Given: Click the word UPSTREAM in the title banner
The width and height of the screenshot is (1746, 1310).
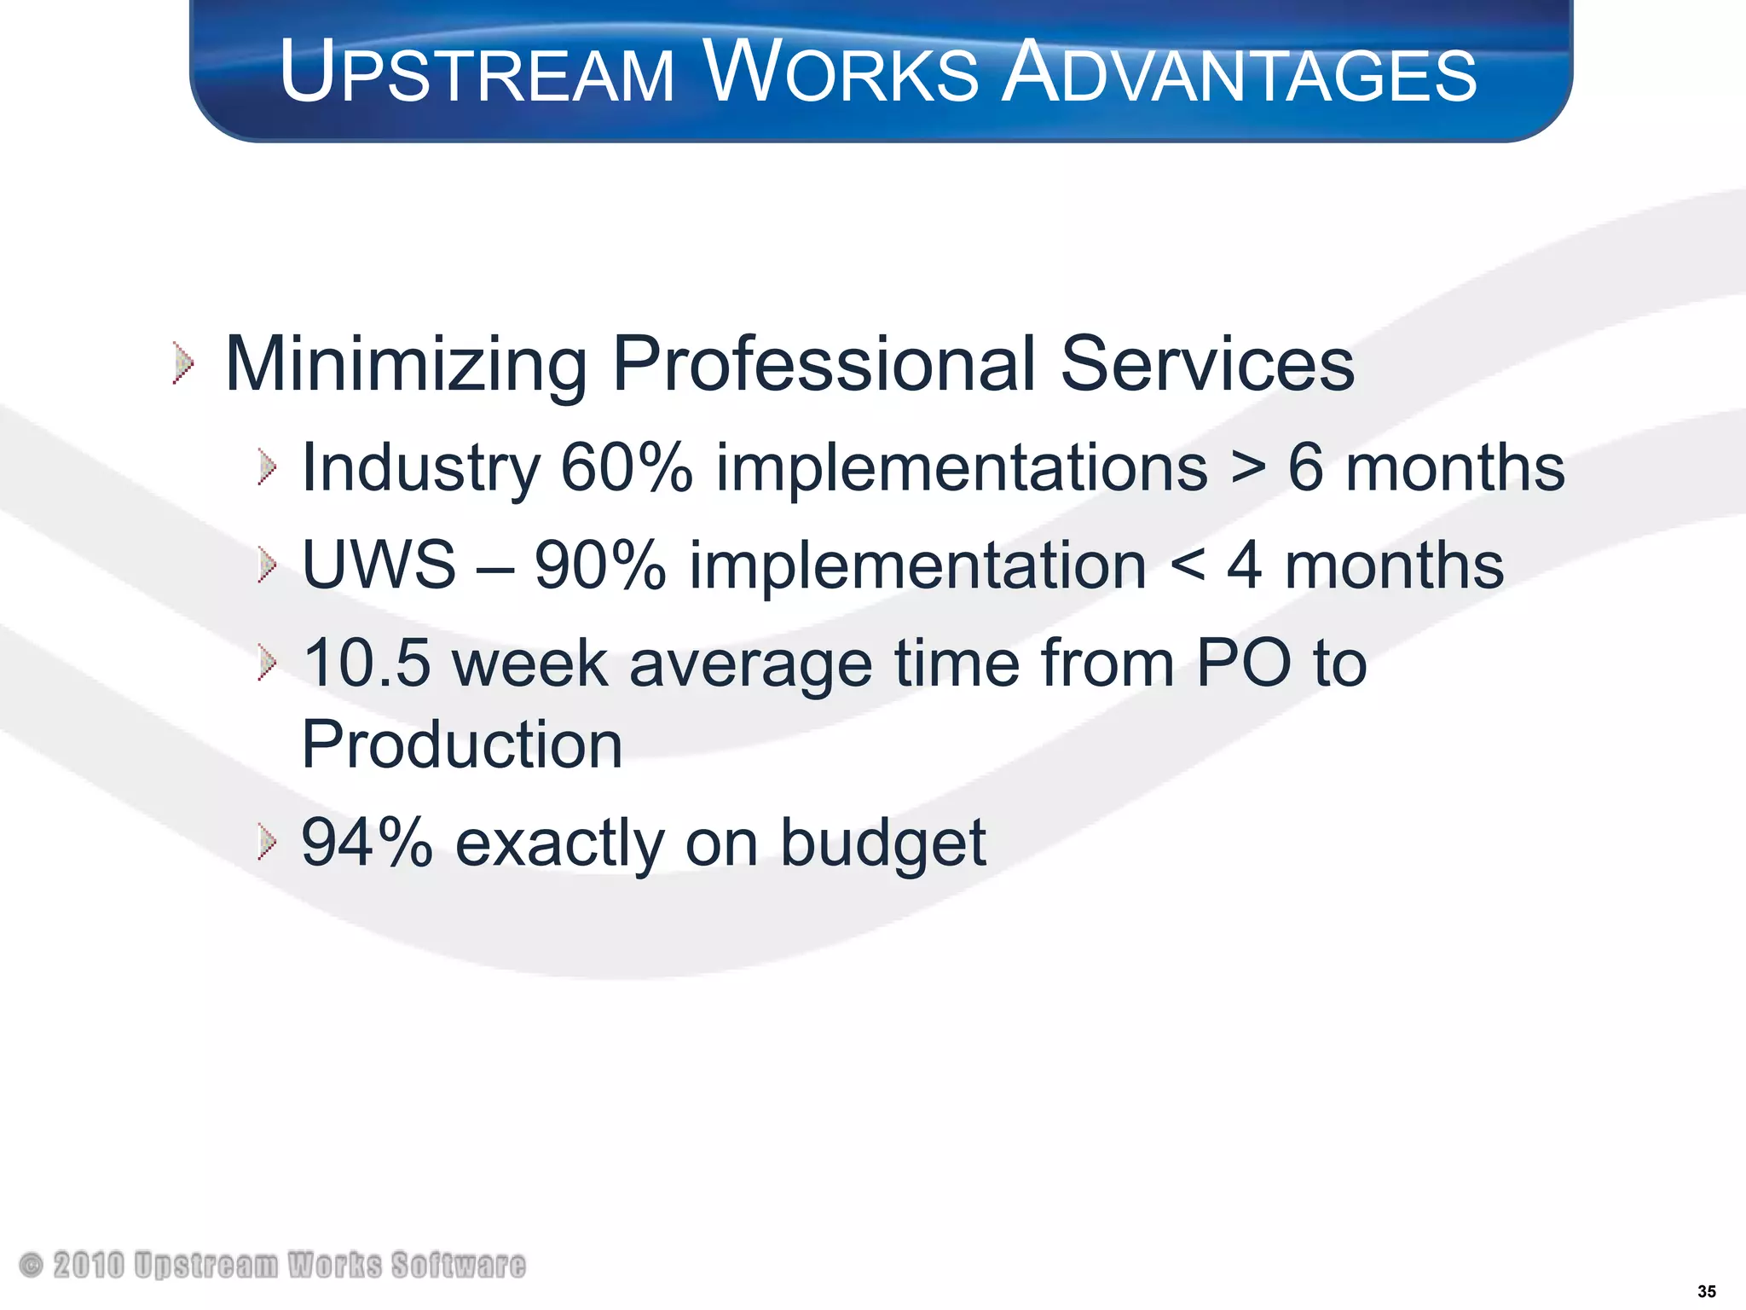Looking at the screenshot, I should coord(477,72).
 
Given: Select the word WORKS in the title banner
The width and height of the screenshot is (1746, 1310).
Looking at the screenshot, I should coord(841,72).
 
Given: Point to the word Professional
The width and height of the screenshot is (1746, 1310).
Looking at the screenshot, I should coord(824,364).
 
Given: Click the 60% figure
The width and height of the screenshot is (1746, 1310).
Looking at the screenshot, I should coord(627,467).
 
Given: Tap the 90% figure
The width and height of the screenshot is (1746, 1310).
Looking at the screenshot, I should coord(600,565).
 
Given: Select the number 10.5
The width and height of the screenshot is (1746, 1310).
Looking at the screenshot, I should coord(367,663).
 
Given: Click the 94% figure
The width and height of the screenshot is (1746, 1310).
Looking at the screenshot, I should coord(367,843).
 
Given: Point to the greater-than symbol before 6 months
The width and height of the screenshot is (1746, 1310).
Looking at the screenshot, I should coord(1248,469).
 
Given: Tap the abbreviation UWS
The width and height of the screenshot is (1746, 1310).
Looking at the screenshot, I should coord(379,565).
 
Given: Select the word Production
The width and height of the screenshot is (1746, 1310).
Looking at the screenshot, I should coord(462,745).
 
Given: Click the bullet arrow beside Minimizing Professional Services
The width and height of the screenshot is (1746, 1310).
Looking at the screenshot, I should coord(182,363).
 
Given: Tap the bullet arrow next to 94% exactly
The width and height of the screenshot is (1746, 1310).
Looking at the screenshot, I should coord(267,843).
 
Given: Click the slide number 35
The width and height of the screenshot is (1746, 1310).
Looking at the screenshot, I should coord(1706,1291).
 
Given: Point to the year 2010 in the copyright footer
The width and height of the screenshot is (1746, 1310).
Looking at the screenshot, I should coord(89,1265).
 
